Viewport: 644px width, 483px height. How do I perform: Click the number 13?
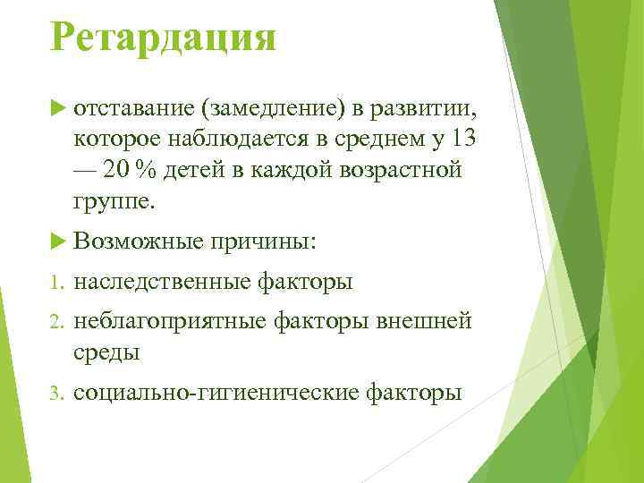[x=462, y=140]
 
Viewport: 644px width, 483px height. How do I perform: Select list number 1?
[x=55, y=283]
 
